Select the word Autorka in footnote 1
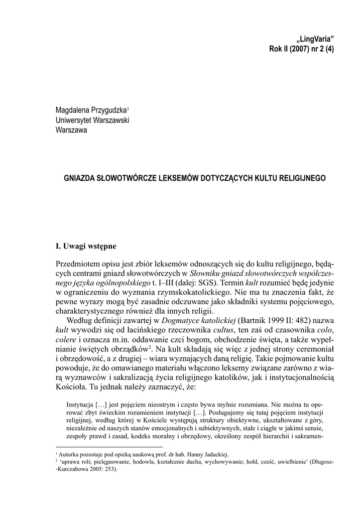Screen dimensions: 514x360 (x=71, y=452)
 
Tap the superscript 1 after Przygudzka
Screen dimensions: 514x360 (x=128, y=107)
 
